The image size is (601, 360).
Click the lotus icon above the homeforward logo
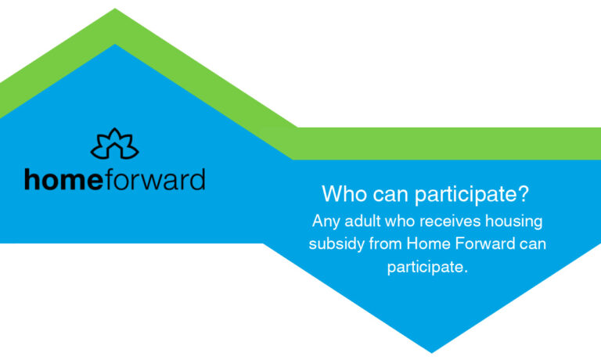tap(114, 143)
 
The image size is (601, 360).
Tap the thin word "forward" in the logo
tap(154, 179)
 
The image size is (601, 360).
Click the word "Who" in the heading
tap(341, 193)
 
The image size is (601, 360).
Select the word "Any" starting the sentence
tap(326, 221)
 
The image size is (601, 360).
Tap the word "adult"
tap(361, 221)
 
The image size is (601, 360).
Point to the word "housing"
tap(515, 222)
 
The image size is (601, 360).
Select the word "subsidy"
tap(335, 244)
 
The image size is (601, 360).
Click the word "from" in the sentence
tap(381, 243)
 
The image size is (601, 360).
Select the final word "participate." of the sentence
tap(427, 267)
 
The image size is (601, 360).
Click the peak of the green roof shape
tap(116, 10)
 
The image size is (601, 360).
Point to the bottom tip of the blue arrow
tap(431, 351)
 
